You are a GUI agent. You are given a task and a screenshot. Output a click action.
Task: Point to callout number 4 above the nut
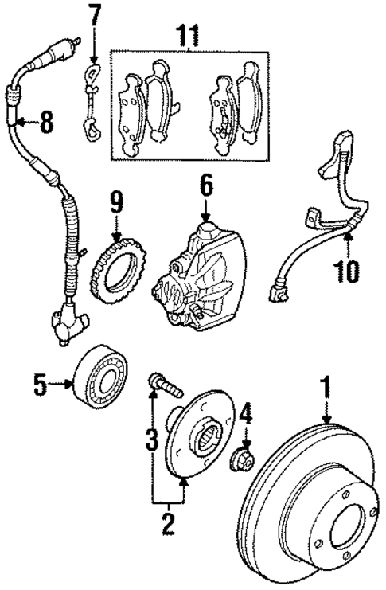coord(247,413)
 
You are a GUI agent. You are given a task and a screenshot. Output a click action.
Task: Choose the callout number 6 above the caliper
coord(205,187)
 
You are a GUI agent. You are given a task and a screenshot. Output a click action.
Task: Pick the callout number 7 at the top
coord(95,14)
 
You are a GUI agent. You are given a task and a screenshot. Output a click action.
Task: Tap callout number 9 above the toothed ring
coord(117,202)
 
